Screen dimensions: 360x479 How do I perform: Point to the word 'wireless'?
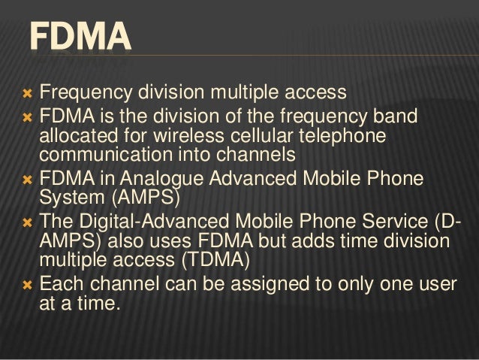tap(186, 138)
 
